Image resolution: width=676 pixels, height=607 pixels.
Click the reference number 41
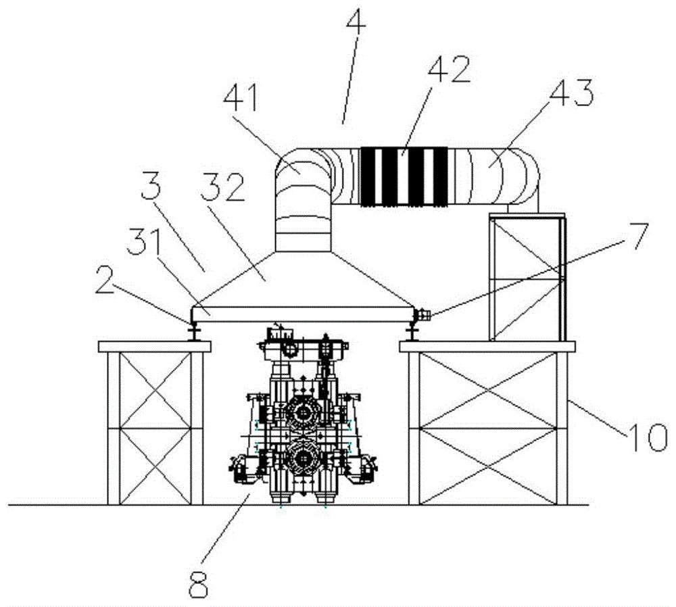coord(241,99)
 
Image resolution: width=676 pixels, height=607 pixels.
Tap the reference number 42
coord(450,70)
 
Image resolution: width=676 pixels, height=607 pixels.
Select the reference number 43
coord(572,94)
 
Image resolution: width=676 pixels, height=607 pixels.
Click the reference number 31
coord(144,242)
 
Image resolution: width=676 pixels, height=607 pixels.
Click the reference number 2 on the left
coord(105,281)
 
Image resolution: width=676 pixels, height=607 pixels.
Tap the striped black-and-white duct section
coord(403,176)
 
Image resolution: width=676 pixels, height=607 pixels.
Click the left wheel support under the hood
coord(193,331)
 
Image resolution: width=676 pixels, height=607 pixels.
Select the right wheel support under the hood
coord(412,331)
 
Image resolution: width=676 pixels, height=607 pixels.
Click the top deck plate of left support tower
coord(154,347)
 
